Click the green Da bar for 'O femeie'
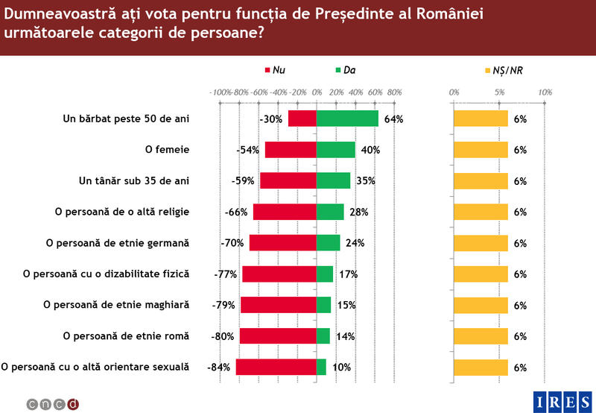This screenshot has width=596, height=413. (335, 150)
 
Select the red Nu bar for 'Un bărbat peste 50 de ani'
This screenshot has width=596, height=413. (302, 119)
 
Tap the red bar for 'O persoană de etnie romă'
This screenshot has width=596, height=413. (278, 336)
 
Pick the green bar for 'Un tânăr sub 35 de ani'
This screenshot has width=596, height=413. (333, 181)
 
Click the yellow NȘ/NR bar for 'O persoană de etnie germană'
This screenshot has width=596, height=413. (481, 243)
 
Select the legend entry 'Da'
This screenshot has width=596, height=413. (345, 70)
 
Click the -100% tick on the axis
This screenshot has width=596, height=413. (221, 92)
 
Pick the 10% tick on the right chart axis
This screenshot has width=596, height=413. (545, 92)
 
